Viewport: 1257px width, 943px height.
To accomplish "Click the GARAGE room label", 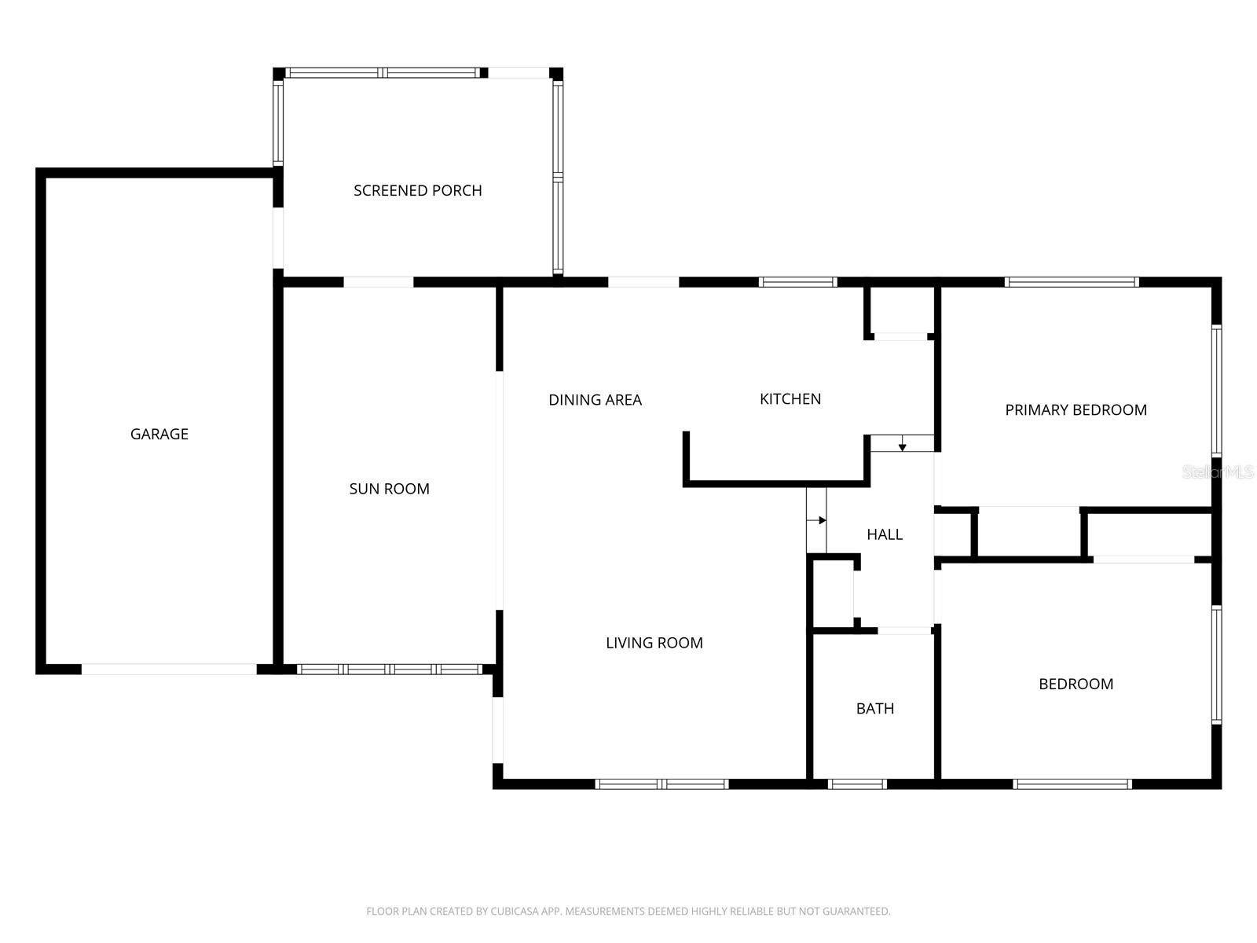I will point(159,434).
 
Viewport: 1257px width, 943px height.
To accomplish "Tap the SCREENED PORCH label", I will point(417,190).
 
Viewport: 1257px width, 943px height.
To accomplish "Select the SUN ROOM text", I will point(389,489).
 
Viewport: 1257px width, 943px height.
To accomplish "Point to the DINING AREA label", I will point(595,400).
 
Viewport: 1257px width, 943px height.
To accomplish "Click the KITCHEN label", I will point(790,399).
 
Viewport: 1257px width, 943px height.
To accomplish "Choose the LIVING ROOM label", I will point(654,643).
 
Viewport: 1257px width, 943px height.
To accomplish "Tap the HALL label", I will point(884,534).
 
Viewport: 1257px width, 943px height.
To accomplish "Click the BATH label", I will point(874,709).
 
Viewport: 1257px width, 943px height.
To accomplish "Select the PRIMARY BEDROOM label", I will point(1076,409).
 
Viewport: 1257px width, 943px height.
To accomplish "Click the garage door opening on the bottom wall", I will point(169,670).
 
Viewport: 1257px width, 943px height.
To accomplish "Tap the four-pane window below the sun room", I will point(390,670).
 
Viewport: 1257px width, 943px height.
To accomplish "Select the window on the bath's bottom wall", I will point(857,783).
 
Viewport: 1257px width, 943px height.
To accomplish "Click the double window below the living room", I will point(661,783).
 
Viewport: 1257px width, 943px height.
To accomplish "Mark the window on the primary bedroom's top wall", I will point(1072,282).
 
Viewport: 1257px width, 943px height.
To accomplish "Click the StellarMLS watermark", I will point(1217,472).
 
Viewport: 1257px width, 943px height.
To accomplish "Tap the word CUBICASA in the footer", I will point(513,912).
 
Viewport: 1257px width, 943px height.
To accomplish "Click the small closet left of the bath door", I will point(833,594).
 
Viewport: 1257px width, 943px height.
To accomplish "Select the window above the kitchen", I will point(797,282).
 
